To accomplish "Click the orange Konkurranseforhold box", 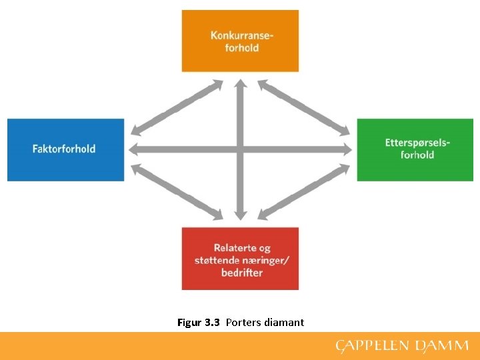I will pyautogui.click(x=240, y=41).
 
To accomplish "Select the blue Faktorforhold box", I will pyautogui.click(x=65, y=149).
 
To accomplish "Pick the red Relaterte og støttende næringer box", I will pyautogui.click(x=240, y=259).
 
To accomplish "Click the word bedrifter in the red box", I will pyautogui.click(x=242, y=272).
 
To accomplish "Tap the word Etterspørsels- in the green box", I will pyautogui.click(x=417, y=143).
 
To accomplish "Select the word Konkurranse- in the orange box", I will pyautogui.click(x=241, y=35).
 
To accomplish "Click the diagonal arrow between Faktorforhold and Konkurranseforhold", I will pyautogui.click(x=177, y=104).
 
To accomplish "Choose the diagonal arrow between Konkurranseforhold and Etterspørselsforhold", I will pyautogui.click(x=304, y=104).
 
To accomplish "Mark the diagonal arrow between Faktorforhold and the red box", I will pyautogui.click(x=177, y=191).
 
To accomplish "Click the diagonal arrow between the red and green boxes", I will pyautogui.click(x=304, y=191).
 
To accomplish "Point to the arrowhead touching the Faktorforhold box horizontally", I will pyautogui.click(x=133, y=148).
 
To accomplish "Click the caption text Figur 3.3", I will pyautogui.click(x=199, y=323).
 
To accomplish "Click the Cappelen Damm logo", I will pyautogui.click(x=402, y=347).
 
